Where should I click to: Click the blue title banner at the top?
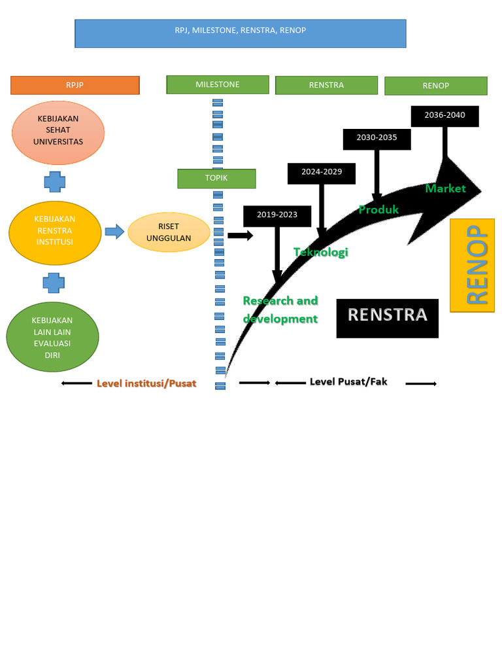(x=240, y=33)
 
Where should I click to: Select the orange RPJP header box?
(x=75, y=85)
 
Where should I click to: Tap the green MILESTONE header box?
(x=218, y=84)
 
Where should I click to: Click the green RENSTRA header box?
(x=326, y=85)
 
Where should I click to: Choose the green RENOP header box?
(x=435, y=86)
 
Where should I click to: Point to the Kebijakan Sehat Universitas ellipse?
(x=58, y=132)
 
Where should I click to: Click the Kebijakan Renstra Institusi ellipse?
(x=55, y=231)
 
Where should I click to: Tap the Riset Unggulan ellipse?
(x=169, y=232)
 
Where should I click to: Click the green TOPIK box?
(x=216, y=179)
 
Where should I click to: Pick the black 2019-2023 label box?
(x=276, y=215)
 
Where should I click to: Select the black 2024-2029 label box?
(x=321, y=173)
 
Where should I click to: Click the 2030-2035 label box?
(x=376, y=139)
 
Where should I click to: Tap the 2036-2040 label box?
(x=444, y=116)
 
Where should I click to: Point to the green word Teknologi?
(x=321, y=252)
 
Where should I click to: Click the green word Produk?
(x=378, y=209)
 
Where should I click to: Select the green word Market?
(x=445, y=188)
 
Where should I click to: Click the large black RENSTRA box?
(x=387, y=318)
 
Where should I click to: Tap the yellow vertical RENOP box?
(x=472, y=265)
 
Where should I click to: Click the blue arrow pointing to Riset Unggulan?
(x=114, y=231)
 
